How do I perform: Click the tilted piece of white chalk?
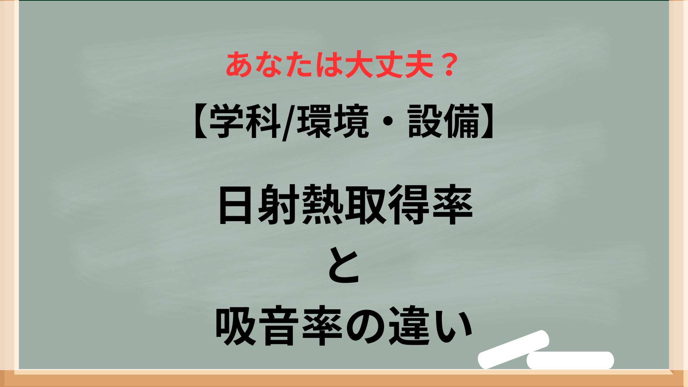click(514, 349)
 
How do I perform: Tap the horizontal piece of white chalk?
click(570, 360)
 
